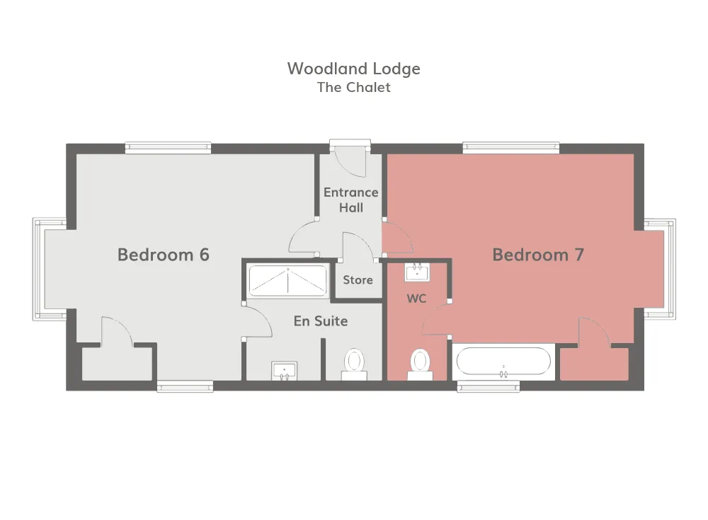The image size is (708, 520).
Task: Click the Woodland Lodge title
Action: pos(353,69)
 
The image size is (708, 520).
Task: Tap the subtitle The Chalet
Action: pos(353,87)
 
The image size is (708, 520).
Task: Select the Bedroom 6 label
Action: pos(164,255)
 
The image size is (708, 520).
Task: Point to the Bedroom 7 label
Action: pos(538,255)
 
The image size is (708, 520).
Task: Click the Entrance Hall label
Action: pos(351,200)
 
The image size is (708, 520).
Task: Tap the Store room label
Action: pos(358,280)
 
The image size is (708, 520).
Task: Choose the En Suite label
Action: pos(321,321)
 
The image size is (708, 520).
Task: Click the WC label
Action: pos(416,299)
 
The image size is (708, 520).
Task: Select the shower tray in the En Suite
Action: pos(287,281)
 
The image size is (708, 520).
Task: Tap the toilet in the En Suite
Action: pos(355,364)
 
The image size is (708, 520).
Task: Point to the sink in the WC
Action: pos(417,272)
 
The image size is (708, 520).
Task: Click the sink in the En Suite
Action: pos(284,371)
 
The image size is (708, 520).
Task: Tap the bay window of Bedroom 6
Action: pos(50,270)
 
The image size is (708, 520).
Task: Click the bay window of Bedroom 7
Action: pos(660,270)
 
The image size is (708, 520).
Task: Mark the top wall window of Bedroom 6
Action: pos(168,148)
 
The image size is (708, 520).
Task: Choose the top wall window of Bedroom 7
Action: pos(511,148)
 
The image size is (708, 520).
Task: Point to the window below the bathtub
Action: pos(488,386)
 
